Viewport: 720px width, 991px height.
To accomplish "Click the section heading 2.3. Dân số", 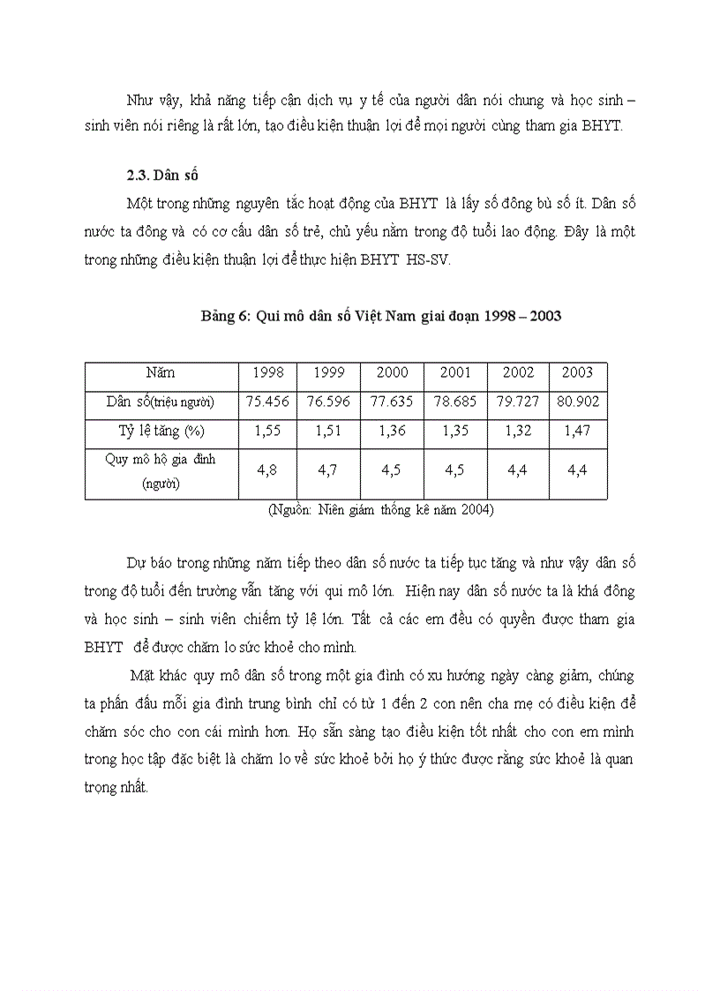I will coord(161,175).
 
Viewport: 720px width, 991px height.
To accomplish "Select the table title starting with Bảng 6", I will coord(381,317).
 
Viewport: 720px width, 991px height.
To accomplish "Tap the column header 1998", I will coord(268,373).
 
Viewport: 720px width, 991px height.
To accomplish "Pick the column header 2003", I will coord(577,373).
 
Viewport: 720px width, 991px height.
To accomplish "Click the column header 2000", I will coord(393,373).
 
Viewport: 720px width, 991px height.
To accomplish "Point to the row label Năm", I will coord(161,373).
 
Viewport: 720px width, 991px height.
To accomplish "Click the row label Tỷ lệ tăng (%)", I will coord(161,432).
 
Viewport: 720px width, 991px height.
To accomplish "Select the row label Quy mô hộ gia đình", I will coord(161,460).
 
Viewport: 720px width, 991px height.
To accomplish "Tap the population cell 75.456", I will coord(268,402).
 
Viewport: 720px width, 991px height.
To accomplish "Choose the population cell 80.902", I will coord(578,402).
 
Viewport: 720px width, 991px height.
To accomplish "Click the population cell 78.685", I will coord(455,402).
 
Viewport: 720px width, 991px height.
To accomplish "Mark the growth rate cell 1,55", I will coord(268,432).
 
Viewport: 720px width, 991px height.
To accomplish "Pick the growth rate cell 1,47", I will coord(577,432).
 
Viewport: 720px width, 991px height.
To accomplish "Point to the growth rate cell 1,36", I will coord(393,432).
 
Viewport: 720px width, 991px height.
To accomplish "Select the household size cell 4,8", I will coord(267,471).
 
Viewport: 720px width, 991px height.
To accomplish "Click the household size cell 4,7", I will coord(328,471).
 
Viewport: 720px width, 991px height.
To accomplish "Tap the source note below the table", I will coord(380,510).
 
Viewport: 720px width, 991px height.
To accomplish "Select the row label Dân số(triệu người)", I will coord(161,402).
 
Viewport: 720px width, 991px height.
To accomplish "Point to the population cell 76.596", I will coord(328,402).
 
